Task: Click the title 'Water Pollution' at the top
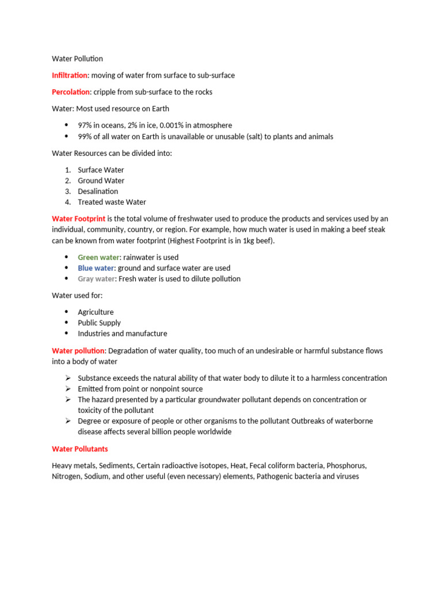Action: (77, 59)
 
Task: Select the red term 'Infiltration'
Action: (70, 75)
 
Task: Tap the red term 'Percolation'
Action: (71, 92)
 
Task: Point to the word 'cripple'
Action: (105, 92)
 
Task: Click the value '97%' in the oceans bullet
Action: (86, 125)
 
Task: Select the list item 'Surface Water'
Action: (101, 170)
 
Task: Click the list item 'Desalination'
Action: (98, 191)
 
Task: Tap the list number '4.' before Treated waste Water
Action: (67, 202)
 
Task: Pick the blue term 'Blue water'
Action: (96, 268)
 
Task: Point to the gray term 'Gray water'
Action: (96, 279)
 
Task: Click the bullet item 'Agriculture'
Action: (96, 312)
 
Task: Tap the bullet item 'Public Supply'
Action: (99, 323)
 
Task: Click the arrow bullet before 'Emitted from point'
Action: (67, 389)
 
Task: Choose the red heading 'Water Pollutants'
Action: (79, 449)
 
